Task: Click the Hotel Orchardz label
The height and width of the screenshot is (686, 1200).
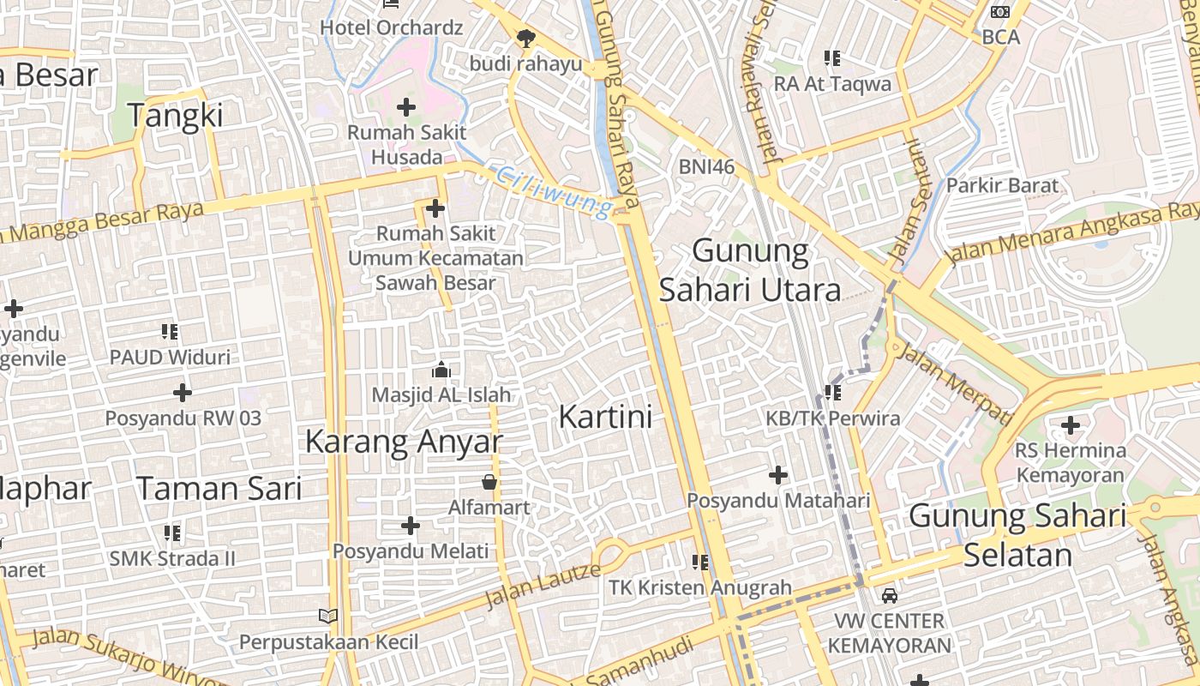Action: click(391, 27)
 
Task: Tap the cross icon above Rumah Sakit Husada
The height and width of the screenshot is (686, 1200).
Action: click(406, 107)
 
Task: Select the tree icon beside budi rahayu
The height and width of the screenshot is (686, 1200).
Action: click(525, 38)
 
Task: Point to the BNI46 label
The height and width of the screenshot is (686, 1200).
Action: click(706, 166)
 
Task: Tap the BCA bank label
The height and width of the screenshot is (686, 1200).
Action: click(1000, 37)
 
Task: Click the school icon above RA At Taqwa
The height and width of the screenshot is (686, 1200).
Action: click(831, 58)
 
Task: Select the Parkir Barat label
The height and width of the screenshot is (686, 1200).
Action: click(1002, 185)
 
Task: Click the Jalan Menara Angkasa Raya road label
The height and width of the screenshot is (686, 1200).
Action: click(1071, 233)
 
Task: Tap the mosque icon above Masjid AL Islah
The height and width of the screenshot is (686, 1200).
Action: click(441, 370)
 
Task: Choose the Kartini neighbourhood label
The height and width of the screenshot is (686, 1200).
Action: click(605, 417)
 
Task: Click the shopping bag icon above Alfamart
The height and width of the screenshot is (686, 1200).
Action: click(489, 482)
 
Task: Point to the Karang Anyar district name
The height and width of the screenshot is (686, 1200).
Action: click(403, 442)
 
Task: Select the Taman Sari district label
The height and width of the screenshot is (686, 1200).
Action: click(219, 488)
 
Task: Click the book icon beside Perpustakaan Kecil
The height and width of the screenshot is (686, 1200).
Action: click(328, 616)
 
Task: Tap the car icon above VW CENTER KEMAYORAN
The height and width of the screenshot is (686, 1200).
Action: click(890, 595)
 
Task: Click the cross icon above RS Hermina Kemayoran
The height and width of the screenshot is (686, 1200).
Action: click(1070, 424)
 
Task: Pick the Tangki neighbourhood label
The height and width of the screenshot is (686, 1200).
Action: click(175, 114)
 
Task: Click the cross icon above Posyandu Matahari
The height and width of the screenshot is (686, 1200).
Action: click(778, 475)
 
